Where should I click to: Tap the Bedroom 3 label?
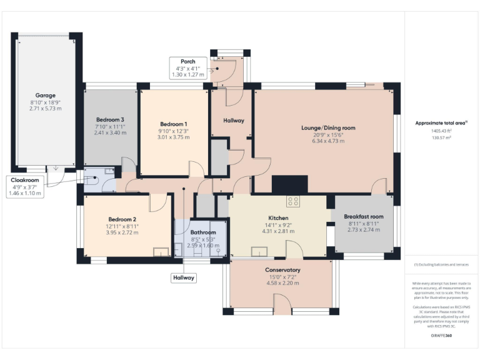pos(110,119)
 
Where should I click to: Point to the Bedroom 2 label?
pos(122,219)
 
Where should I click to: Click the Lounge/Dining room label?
pos(328,127)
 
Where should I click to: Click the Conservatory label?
pos(283,270)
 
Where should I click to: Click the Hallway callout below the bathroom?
pos(184,277)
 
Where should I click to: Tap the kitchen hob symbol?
pos(293,201)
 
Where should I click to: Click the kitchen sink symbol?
pos(259,252)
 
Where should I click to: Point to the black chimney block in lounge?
pos(290,184)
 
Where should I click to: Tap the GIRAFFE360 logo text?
pos(441,336)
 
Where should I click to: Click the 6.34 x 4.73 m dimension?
pos(328,141)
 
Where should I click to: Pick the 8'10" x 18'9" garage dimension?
pos(42,101)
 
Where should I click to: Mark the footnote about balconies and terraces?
pos(441,265)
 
